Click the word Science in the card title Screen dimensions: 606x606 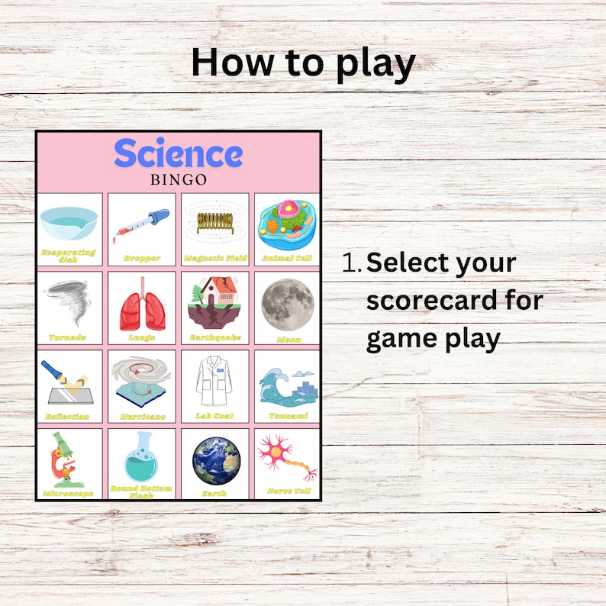click(179, 153)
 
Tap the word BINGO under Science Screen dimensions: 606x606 click(179, 180)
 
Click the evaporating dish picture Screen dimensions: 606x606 click(69, 221)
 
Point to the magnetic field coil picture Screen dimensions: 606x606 click(214, 222)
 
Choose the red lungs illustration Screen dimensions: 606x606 click(141, 302)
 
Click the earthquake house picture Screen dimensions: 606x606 click(214, 301)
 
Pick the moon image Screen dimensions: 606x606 click(288, 302)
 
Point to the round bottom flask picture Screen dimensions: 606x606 click(141, 457)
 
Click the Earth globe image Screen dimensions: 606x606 click(215, 460)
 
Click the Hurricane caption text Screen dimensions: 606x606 click(141, 417)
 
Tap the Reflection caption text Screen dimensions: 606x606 click(67, 417)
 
